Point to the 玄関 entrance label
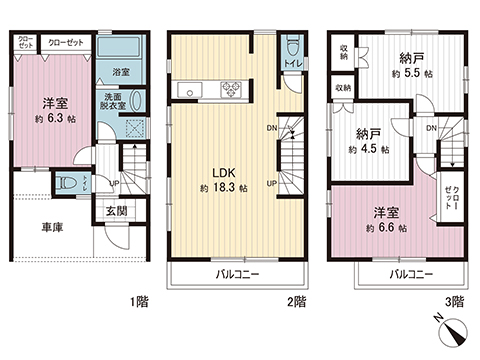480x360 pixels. pyautogui.click(x=116, y=211)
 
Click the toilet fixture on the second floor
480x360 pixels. pyautogui.click(x=291, y=49)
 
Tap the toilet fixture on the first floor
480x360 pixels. pyautogui.click(x=68, y=184)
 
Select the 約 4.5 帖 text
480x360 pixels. pyautogui.click(x=369, y=149)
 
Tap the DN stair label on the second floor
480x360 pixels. pyautogui.click(x=272, y=128)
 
